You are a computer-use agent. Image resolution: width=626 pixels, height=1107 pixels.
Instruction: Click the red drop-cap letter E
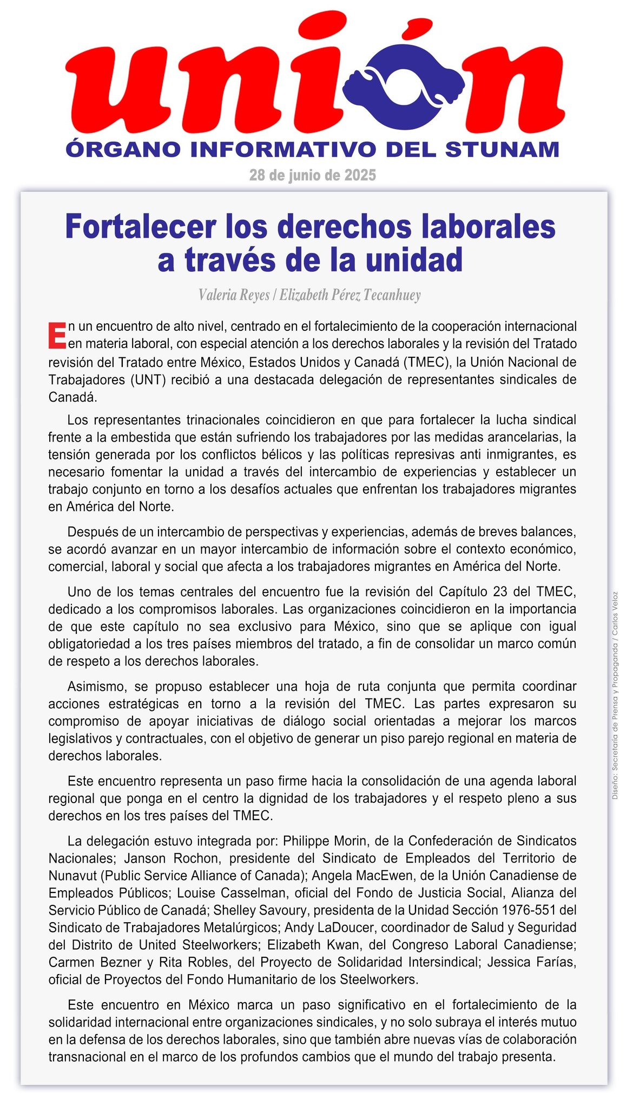point(57,335)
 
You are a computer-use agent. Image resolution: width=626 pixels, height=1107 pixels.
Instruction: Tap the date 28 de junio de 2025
point(312,175)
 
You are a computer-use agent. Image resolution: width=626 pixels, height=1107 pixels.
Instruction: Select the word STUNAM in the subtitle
point(502,149)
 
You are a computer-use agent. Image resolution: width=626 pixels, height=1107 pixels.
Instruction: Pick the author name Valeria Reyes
point(234,295)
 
